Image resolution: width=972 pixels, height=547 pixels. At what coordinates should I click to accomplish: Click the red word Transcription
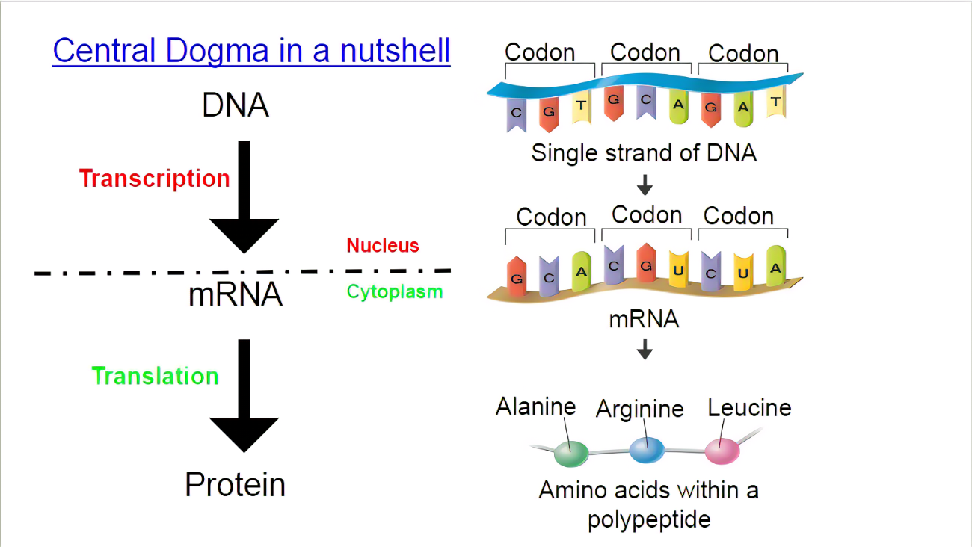154,179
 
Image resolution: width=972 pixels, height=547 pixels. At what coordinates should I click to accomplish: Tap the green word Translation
155,376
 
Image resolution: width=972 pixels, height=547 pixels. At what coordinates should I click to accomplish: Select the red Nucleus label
382,245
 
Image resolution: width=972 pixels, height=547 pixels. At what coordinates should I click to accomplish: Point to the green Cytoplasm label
395,292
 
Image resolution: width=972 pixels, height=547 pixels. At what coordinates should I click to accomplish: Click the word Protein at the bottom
235,485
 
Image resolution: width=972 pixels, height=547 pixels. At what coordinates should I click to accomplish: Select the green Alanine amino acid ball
571,451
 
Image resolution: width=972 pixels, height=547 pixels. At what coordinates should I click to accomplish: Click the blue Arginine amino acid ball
647,449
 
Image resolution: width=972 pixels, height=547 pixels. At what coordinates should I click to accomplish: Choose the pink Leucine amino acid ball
722,451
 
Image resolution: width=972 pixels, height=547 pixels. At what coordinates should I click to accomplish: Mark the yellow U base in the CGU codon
678,268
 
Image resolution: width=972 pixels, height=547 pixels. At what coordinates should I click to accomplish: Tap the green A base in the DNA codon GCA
678,106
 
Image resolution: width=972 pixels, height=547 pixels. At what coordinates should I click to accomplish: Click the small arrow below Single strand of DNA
645,184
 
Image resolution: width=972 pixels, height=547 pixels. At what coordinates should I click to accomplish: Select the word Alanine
535,407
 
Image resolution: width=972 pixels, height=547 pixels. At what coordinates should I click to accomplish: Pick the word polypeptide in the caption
648,519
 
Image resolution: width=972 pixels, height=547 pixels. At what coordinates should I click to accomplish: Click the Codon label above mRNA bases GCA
551,217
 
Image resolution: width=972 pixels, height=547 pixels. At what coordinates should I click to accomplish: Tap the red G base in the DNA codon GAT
711,110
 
